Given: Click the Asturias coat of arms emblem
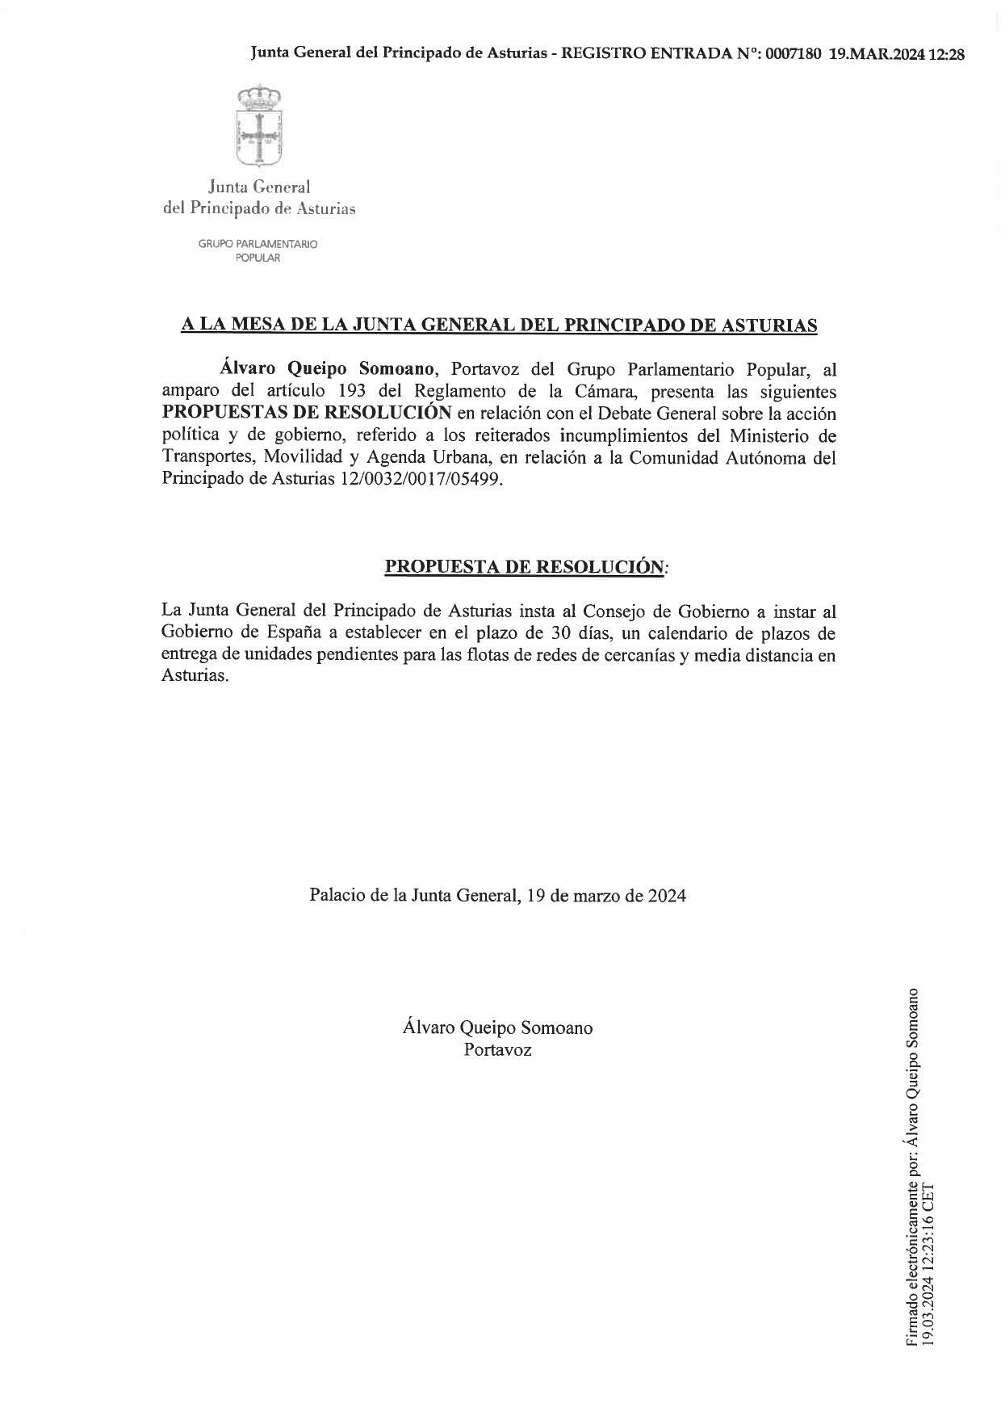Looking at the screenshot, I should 258,126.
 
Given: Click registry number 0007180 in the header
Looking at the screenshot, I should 794,54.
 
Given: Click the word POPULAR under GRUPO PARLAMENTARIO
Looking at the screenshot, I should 258,258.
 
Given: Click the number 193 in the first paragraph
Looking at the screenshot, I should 351,392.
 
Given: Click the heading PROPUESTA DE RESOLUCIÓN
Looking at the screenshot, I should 526,566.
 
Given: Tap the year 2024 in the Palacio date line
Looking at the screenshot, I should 667,896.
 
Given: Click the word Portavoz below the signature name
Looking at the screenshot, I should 497,1050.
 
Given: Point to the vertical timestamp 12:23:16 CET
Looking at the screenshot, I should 928,1237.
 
